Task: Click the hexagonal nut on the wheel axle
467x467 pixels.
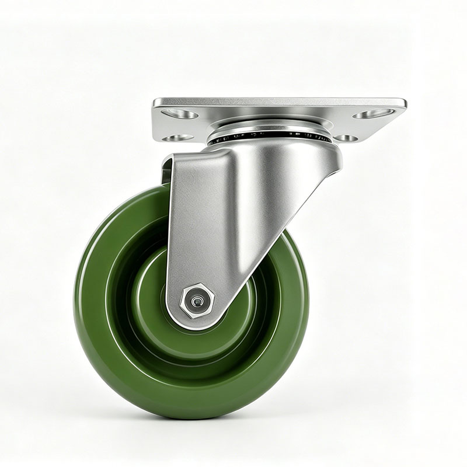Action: pyautogui.click(x=197, y=301)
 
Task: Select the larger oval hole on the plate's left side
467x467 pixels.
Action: pyautogui.click(x=180, y=114)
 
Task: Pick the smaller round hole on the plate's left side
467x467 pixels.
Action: pyautogui.click(x=177, y=138)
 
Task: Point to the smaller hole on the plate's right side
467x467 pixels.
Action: pyautogui.click(x=346, y=138)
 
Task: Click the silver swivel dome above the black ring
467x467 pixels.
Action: pyautogui.click(x=269, y=126)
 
